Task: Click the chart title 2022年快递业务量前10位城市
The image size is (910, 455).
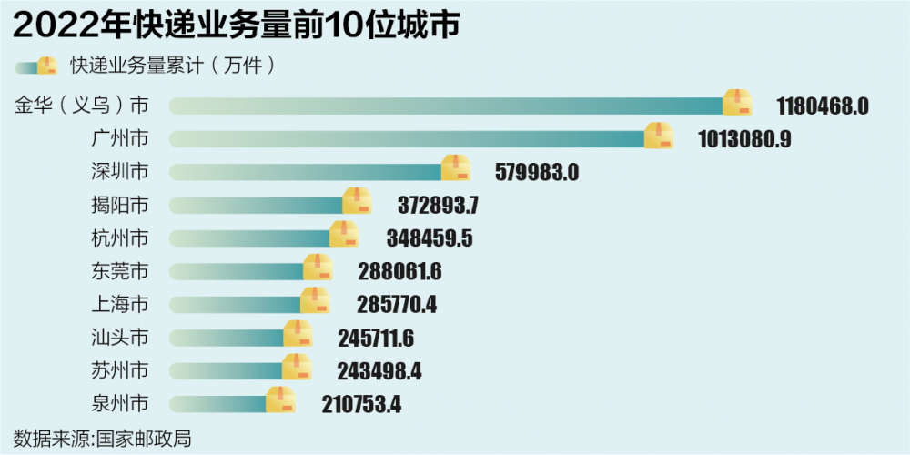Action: click(x=235, y=25)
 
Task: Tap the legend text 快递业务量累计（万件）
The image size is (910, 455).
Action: click(x=173, y=66)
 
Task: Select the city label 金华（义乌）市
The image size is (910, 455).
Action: click(x=81, y=105)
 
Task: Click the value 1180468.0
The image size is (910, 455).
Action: click(x=823, y=106)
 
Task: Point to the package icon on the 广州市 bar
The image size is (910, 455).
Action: click(x=659, y=136)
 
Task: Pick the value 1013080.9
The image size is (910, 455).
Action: click(x=744, y=139)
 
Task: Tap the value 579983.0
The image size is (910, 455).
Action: click(x=537, y=172)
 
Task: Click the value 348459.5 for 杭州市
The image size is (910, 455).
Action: click(x=430, y=238)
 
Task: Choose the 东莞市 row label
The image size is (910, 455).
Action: click(x=120, y=271)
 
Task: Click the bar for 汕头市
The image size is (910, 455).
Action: click(x=227, y=338)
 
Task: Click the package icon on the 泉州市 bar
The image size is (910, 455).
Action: click(x=280, y=399)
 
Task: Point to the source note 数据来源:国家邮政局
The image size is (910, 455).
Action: click(x=103, y=438)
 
